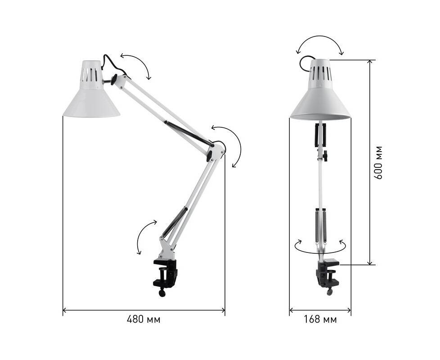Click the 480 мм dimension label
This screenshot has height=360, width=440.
tap(144, 319)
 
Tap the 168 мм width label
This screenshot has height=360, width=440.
tap(320, 319)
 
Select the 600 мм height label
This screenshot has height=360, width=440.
tap(378, 162)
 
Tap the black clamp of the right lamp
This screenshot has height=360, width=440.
tap(327, 274)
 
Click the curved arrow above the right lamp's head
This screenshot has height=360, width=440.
tap(320, 38)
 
